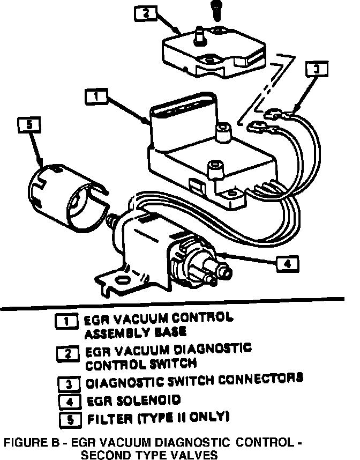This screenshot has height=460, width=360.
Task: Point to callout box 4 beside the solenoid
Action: coord(287,263)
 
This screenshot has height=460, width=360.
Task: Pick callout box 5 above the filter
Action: coord(29,125)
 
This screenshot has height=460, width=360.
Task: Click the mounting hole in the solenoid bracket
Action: coord(123,279)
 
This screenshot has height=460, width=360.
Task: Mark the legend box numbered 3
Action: coord(67,384)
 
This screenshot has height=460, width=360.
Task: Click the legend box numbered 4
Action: coord(67,400)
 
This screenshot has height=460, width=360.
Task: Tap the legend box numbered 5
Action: coord(67,417)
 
